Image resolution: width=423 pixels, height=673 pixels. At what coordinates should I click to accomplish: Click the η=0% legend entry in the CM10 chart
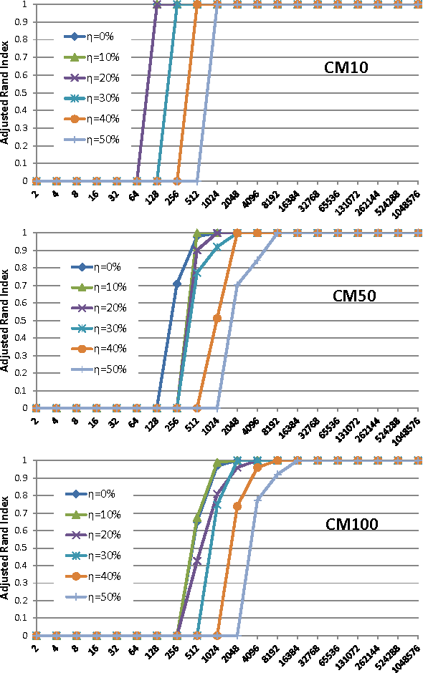click(x=96, y=36)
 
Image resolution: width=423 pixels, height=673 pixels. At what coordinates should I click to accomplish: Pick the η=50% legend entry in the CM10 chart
click(x=96, y=140)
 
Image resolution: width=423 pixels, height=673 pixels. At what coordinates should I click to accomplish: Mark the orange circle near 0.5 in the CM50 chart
click(x=217, y=318)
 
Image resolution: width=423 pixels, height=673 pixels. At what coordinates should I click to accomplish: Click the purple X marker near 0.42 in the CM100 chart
click(x=197, y=561)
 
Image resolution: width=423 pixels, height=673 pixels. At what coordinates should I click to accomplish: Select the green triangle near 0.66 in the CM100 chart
click(x=197, y=519)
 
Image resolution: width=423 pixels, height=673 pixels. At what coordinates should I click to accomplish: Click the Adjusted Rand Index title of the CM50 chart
click(x=6, y=321)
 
